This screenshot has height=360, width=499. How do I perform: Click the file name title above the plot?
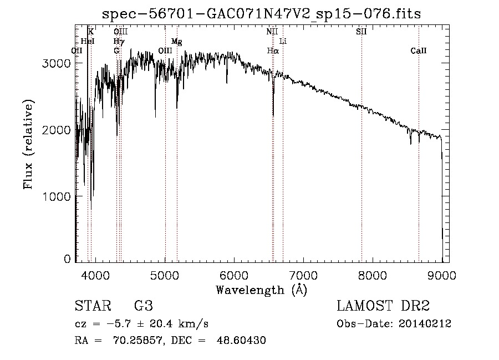pyautogui.click(x=262, y=14)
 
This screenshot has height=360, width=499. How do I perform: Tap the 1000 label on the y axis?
pyautogui.click(x=57, y=196)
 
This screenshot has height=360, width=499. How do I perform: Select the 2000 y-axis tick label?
pyautogui.click(x=57, y=130)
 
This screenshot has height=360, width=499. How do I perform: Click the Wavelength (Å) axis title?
pyautogui.click(x=262, y=290)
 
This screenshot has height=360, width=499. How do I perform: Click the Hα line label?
pyautogui.click(x=272, y=50)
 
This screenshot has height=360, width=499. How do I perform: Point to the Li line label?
pyautogui.click(x=283, y=41)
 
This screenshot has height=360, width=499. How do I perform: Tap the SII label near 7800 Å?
pyautogui.click(x=361, y=32)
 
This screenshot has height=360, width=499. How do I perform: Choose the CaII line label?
pyautogui.click(x=419, y=50)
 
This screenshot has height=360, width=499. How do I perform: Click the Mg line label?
pyautogui.click(x=176, y=41)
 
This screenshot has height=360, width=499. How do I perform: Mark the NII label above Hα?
pyautogui.click(x=272, y=32)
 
